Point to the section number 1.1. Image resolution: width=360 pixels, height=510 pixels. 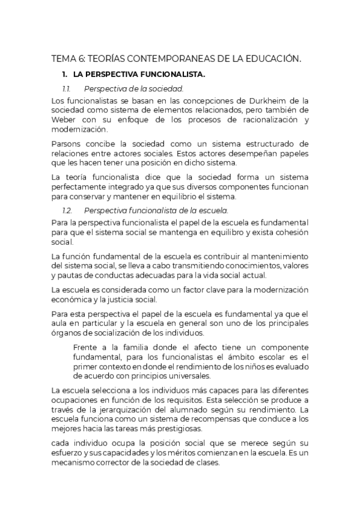(67, 89)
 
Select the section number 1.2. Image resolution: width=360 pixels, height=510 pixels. (67, 210)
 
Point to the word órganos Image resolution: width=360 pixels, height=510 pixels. (66, 333)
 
